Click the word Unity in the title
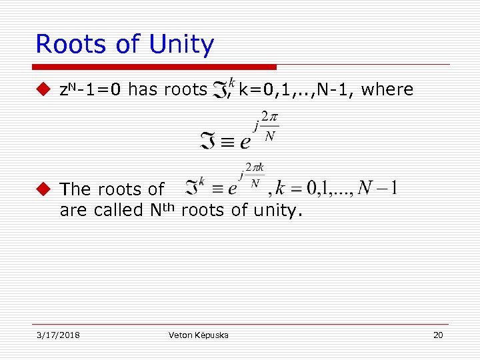coord(181,45)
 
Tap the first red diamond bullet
coord(43,89)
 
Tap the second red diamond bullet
coord(43,189)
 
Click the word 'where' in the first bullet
coord(387,89)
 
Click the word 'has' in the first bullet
coord(141,89)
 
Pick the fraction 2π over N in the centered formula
coord(269,126)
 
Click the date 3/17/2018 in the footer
coord(58,335)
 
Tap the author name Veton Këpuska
coord(199,335)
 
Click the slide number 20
coord(438,335)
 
